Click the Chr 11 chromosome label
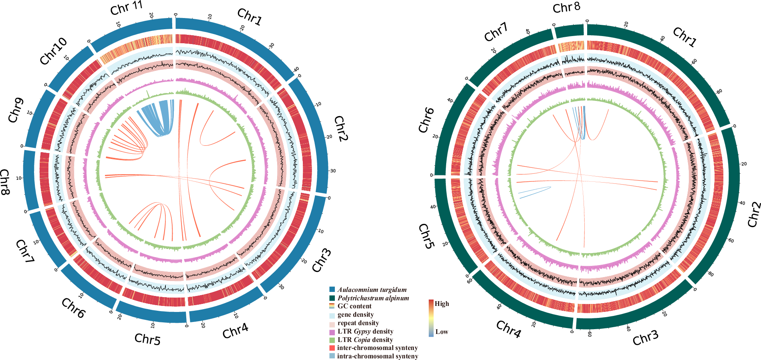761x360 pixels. (x=126, y=8)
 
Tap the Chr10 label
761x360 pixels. (x=53, y=51)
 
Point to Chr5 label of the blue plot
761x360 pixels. (x=147, y=339)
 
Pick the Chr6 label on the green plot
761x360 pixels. (x=426, y=120)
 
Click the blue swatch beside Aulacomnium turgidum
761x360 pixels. (x=332, y=290)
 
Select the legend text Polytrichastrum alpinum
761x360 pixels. (x=373, y=298)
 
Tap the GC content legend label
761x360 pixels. (x=354, y=306)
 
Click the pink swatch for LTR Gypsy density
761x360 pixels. (x=332, y=332)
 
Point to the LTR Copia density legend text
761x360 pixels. (x=365, y=340)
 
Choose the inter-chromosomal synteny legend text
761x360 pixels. (x=377, y=348)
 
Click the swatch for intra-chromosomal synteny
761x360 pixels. (x=332, y=356)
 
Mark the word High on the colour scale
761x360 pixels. (x=442, y=304)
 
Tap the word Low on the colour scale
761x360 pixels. (x=442, y=332)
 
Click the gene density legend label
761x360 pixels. (x=356, y=315)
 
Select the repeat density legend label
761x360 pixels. (x=358, y=323)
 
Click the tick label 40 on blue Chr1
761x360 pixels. (x=296, y=69)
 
